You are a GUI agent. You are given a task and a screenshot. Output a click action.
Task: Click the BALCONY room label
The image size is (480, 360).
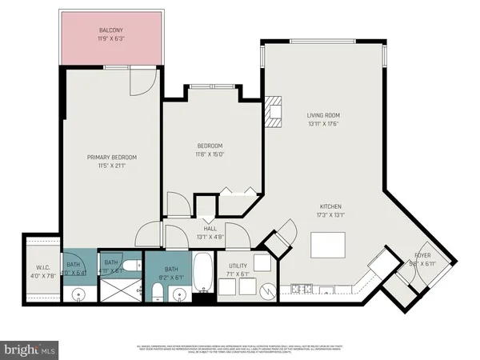click(x=111, y=30)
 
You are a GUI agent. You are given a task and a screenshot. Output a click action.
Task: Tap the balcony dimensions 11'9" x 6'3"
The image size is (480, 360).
click(x=111, y=38)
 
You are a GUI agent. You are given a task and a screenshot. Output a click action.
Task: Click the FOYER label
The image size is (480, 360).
click(x=422, y=256)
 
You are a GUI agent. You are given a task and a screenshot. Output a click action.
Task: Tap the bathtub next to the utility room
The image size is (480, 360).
click(x=204, y=275)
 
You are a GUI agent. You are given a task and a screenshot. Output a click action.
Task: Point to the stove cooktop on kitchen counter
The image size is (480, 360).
click(x=301, y=288)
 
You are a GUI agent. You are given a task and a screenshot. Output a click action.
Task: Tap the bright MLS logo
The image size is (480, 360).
click(x=30, y=350)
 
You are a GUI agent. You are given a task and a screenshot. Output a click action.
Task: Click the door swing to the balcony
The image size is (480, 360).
click(x=141, y=78)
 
